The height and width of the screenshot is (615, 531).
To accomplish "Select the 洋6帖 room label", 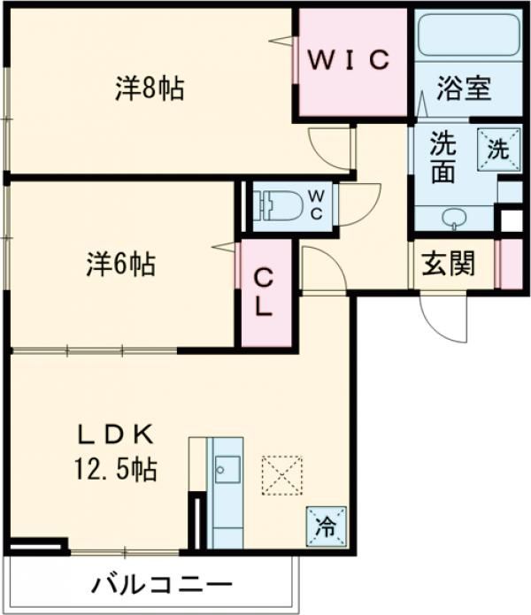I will click(x=121, y=264).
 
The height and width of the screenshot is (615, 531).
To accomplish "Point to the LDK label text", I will click(x=116, y=434).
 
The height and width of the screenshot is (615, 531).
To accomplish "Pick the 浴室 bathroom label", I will click(x=464, y=89).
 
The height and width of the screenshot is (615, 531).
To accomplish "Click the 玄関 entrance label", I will click(x=447, y=264).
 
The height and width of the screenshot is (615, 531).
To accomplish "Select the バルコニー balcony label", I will click(x=161, y=585).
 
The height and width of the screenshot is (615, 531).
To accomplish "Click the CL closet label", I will click(x=265, y=294).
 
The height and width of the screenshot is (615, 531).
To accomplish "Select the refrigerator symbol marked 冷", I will click(x=326, y=527).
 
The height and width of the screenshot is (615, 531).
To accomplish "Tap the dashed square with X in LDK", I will click(x=281, y=478).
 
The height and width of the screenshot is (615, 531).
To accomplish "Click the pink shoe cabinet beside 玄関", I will click(x=511, y=264).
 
